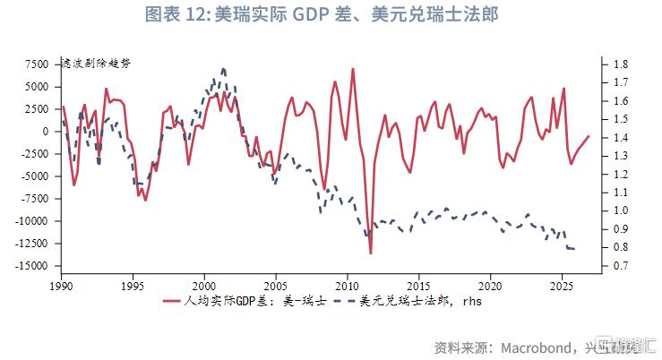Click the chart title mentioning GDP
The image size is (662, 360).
point(332,15)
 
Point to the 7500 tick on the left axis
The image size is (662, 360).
point(37,64)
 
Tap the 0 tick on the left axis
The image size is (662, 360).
point(47,132)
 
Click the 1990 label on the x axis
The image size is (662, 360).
point(62,285)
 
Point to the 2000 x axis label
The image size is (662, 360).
point(204,285)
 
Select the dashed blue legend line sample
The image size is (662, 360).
point(336,303)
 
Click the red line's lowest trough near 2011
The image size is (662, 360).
point(370,253)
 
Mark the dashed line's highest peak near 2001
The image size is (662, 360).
point(222,68)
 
